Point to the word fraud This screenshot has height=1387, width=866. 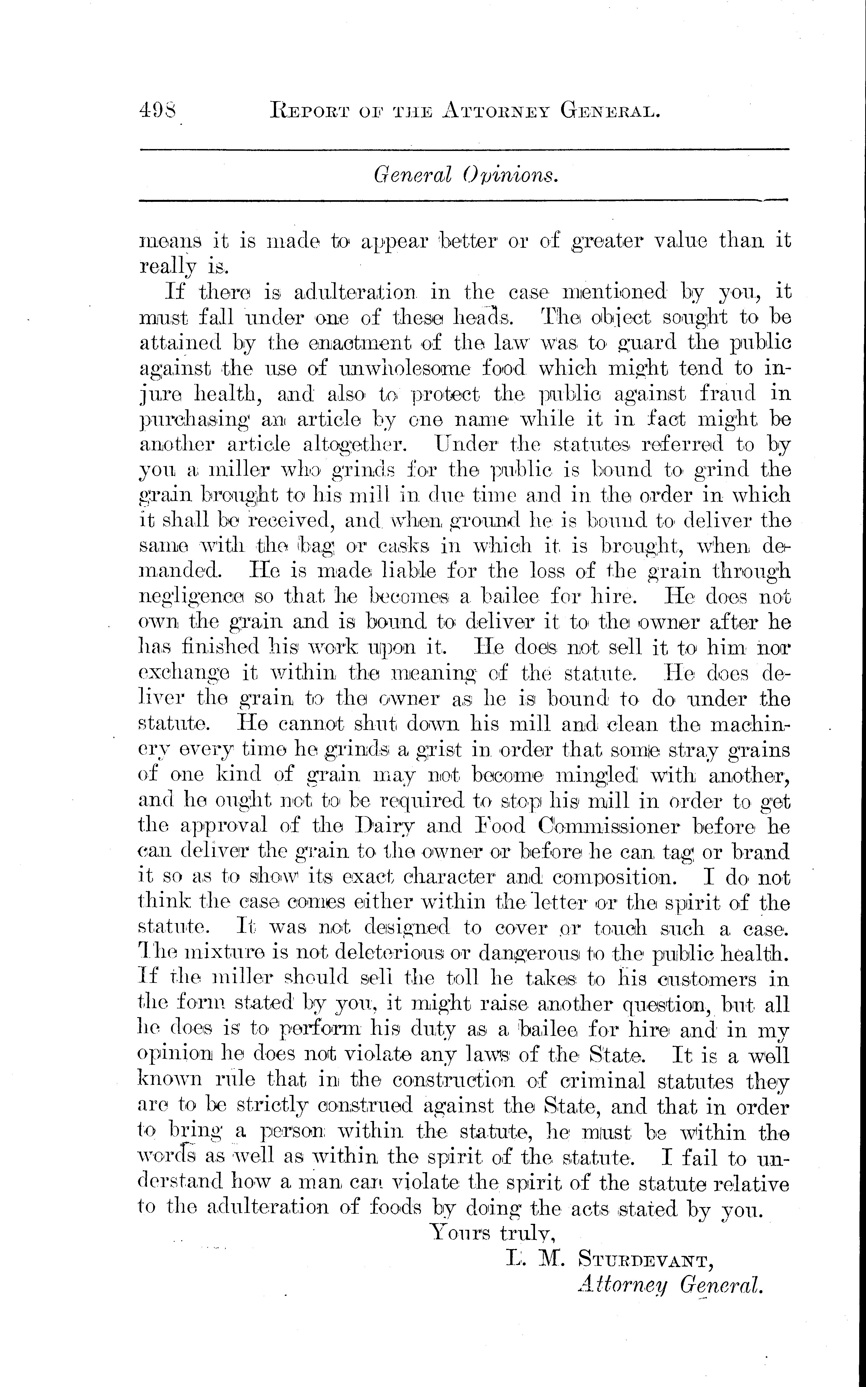[x=727, y=394]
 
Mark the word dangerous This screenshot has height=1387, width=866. [x=530, y=953]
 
